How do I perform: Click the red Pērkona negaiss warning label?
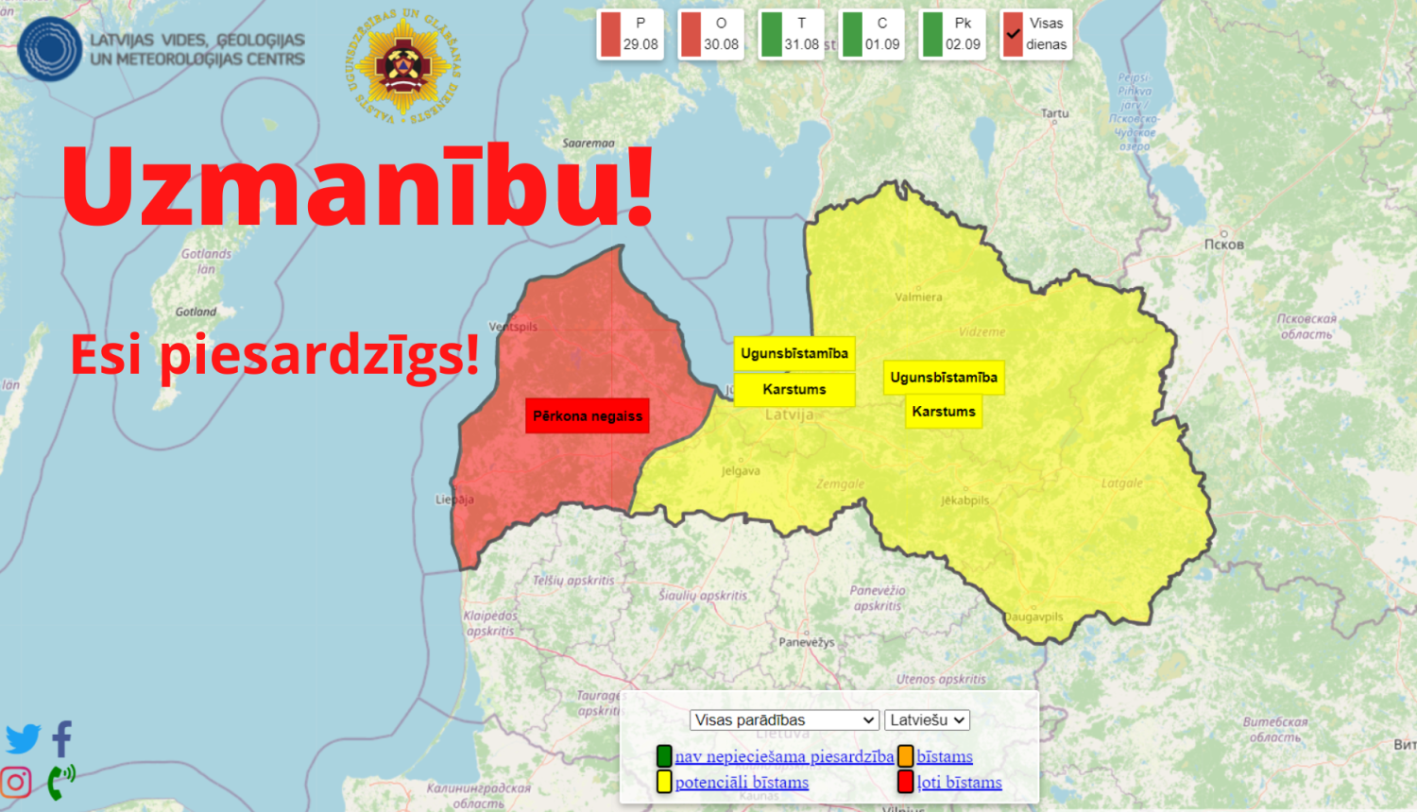(x=587, y=415)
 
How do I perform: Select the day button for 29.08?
(x=630, y=34)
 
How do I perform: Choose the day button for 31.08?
(x=792, y=34)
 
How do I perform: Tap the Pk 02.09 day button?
(x=953, y=34)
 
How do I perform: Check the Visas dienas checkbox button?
(x=1035, y=34)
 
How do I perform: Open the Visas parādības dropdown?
(x=784, y=719)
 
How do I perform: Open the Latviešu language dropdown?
(x=927, y=719)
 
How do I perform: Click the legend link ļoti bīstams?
(x=959, y=782)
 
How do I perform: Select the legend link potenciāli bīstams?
(x=742, y=782)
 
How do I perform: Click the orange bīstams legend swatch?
(x=905, y=755)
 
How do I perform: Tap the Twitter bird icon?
(x=23, y=738)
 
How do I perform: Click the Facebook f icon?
(x=62, y=738)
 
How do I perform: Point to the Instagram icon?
(x=16, y=782)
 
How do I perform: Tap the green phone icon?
(x=60, y=781)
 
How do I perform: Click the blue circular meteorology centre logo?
(x=49, y=49)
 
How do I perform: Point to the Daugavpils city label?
(x=1033, y=617)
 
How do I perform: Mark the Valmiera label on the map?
(x=918, y=296)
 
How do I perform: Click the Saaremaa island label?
(x=589, y=144)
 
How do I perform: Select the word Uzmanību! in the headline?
(x=358, y=186)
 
